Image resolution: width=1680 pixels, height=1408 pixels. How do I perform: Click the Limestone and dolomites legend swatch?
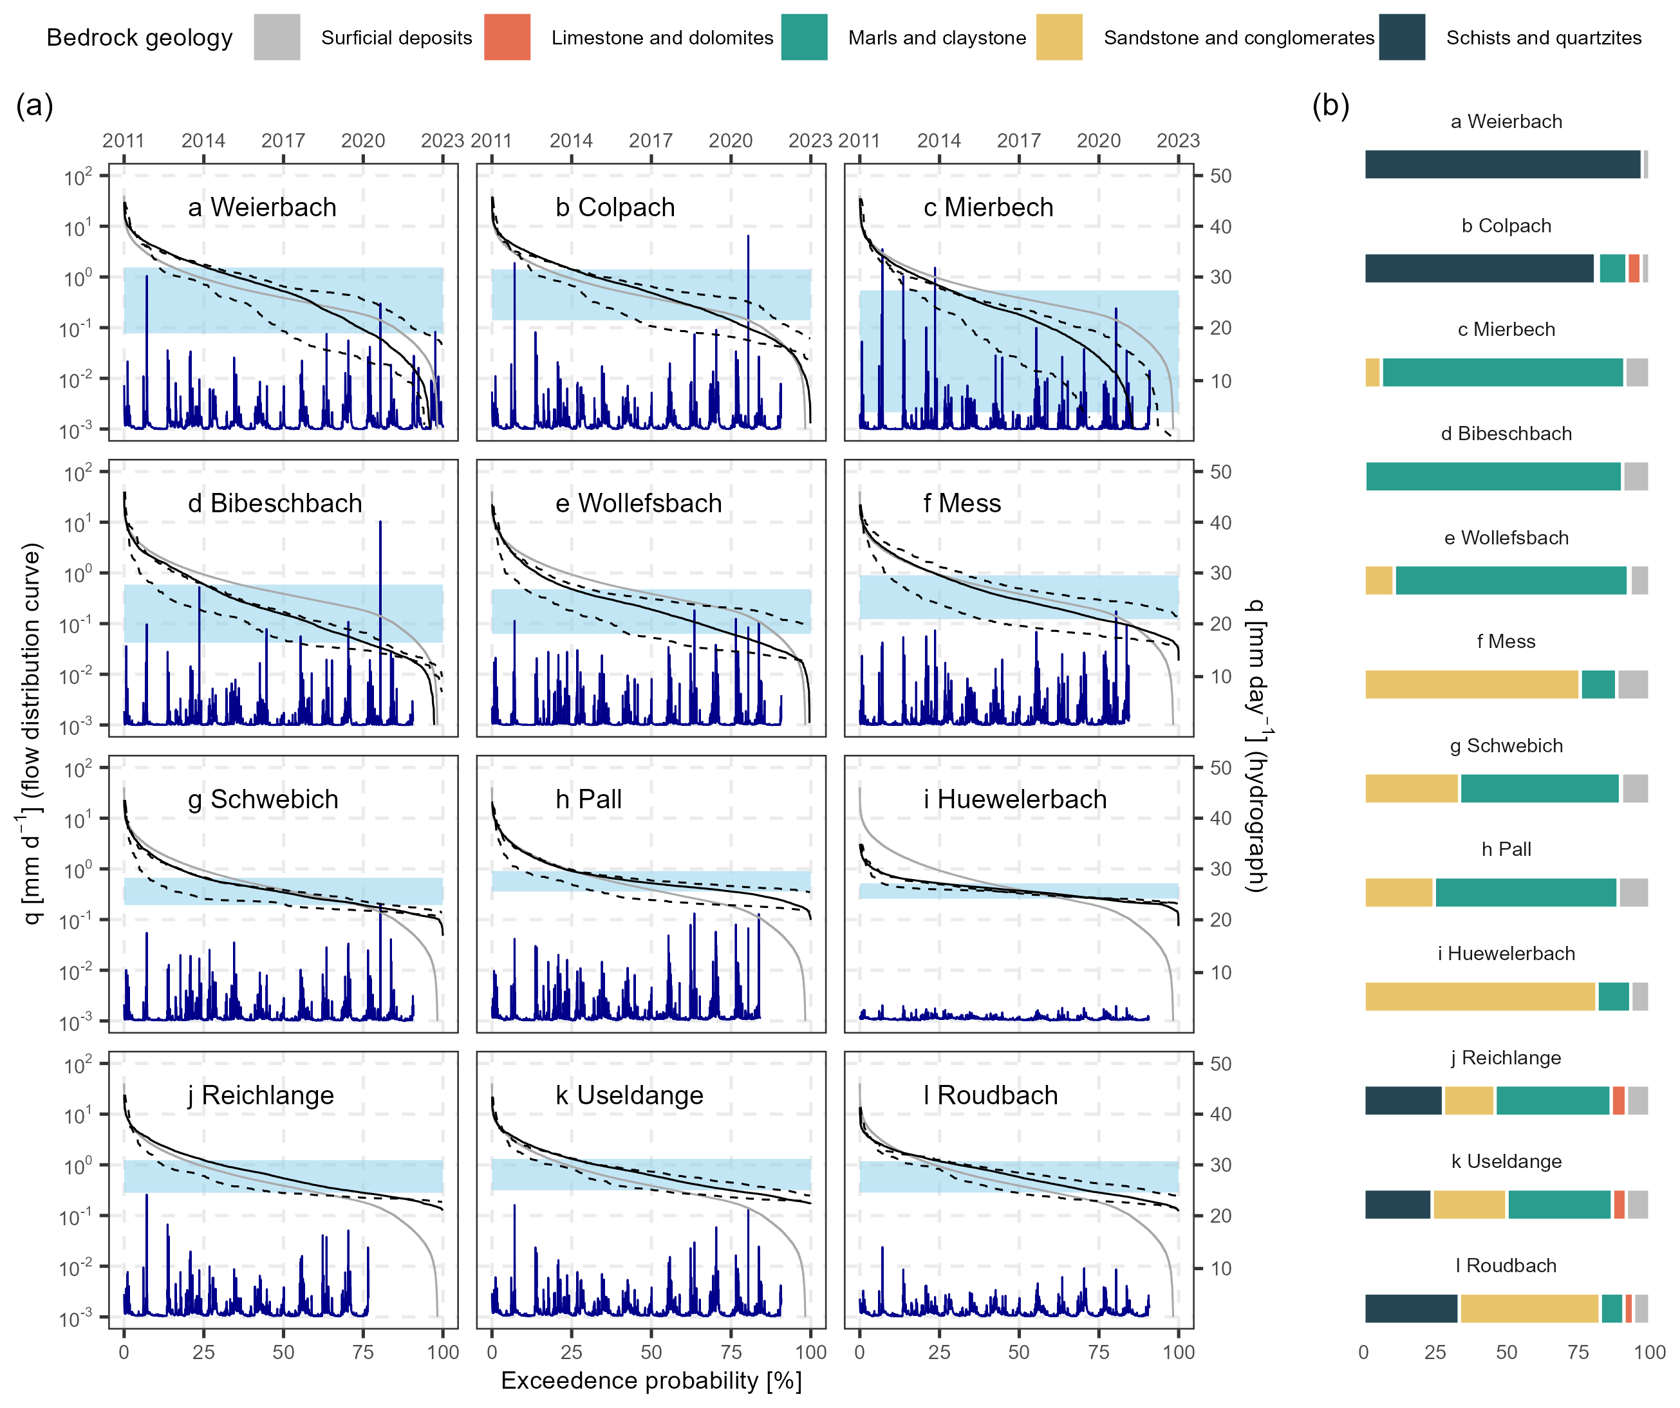coord(507,37)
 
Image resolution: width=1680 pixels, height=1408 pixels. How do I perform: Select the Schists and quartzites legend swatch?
coord(1401,37)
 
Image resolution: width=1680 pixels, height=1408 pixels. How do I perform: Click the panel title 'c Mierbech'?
coord(988,207)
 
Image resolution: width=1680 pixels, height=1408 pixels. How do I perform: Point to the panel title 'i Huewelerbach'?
coord(1014,799)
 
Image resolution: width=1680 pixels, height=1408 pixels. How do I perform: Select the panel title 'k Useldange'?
coord(630,1095)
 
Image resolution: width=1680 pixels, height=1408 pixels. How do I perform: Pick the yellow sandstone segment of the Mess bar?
coord(1472,685)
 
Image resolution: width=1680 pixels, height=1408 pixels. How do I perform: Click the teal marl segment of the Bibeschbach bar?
coord(1493,476)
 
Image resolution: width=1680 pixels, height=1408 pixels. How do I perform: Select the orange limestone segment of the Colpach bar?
coord(1634,268)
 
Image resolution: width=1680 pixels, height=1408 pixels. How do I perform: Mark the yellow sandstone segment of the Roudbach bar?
coord(1529,1309)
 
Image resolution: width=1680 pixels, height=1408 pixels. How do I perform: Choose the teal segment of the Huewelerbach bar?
coord(1614,997)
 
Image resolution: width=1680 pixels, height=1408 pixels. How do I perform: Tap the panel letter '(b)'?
coord(1330,105)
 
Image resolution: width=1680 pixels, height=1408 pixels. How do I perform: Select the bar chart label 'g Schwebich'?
coord(1506,746)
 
